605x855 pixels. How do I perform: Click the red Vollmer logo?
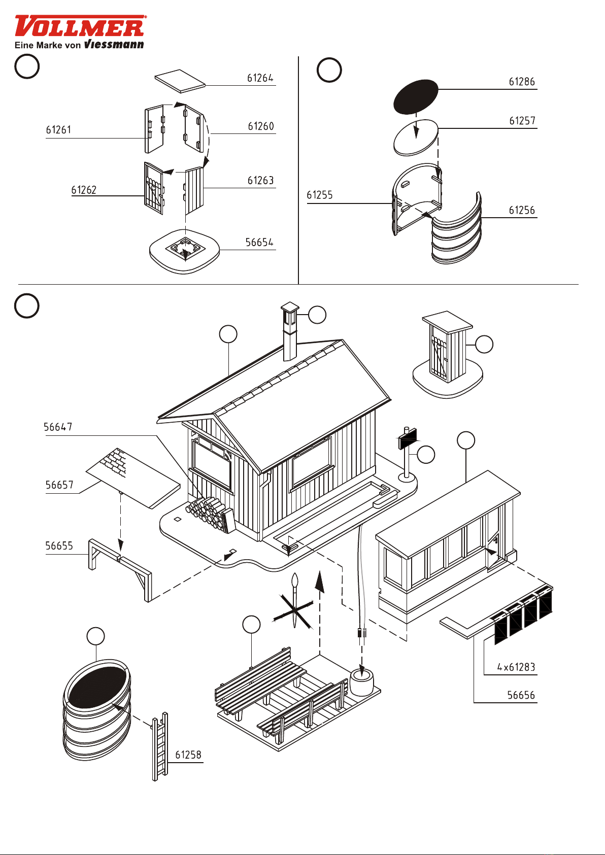pyautogui.click(x=80, y=26)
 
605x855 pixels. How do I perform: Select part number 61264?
pyautogui.click(x=260, y=78)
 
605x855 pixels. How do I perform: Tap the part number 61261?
pyautogui.click(x=58, y=130)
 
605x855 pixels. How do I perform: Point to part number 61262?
pyautogui.click(x=84, y=190)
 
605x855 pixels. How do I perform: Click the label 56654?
pyautogui.click(x=259, y=243)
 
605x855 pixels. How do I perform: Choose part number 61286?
pyautogui.click(x=522, y=82)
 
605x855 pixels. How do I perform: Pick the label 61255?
pyautogui.click(x=320, y=195)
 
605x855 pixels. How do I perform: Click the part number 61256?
pyautogui.click(x=522, y=211)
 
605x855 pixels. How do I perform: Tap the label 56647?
pyautogui.click(x=58, y=427)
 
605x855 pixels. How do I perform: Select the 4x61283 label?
pyautogui.click(x=516, y=667)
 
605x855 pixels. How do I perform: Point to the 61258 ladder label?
pyautogui.click(x=188, y=755)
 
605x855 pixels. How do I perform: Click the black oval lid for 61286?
pyautogui.click(x=416, y=96)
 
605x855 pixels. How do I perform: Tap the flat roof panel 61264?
pyautogui.click(x=180, y=81)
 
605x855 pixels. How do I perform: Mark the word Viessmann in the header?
pyautogui.click(x=114, y=45)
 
